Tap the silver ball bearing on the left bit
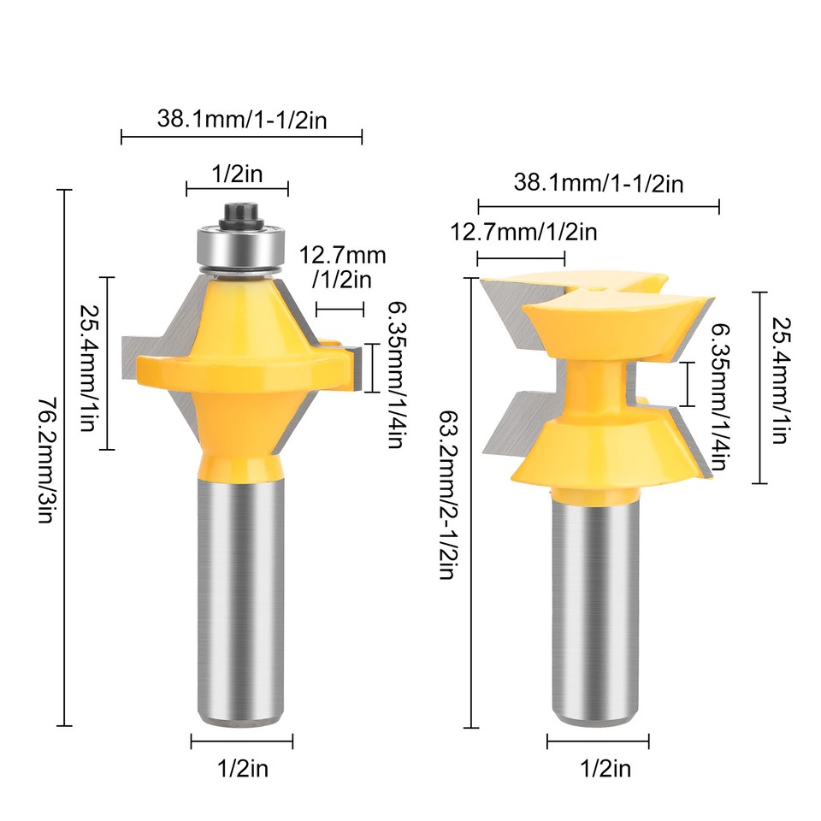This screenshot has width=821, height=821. coord(240,246)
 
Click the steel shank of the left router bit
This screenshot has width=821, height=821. coord(240,599)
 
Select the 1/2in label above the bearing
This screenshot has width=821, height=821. coord(237,174)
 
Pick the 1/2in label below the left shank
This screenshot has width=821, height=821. coord(242,769)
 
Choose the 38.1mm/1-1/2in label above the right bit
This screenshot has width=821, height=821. coord(599,183)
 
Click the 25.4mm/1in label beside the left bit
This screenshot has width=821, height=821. coord(87,363)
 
